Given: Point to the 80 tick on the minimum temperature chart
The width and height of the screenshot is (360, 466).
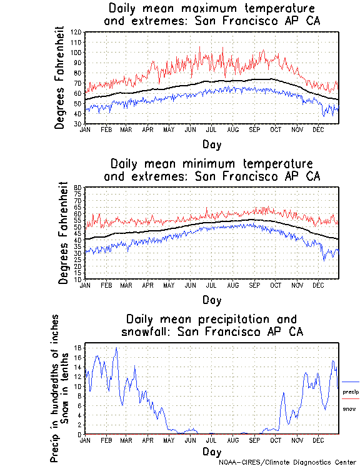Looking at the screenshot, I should [78, 188].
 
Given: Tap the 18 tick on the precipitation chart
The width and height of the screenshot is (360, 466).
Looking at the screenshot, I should [78, 347].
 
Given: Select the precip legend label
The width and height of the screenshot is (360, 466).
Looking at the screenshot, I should [351, 392].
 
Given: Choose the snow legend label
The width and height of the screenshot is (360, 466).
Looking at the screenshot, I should [349, 408].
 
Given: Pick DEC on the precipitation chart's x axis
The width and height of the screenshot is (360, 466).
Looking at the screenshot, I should [318, 440].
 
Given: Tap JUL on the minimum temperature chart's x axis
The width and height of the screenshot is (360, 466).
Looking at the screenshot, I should [212, 285].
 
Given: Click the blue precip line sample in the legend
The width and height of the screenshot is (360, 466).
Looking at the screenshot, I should [350, 382].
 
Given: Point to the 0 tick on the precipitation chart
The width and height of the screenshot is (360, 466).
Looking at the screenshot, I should [80, 433].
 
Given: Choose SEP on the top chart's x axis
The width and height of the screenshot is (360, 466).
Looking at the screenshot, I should [254, 129].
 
